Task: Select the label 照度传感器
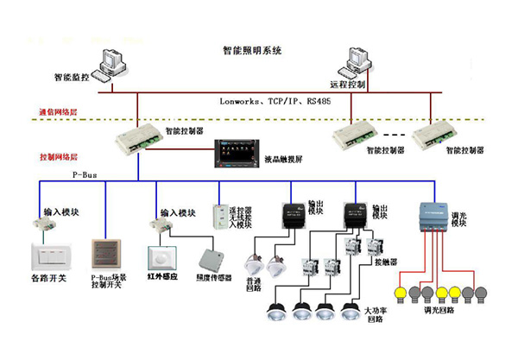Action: pyautogui.click(x=214, y=278)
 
